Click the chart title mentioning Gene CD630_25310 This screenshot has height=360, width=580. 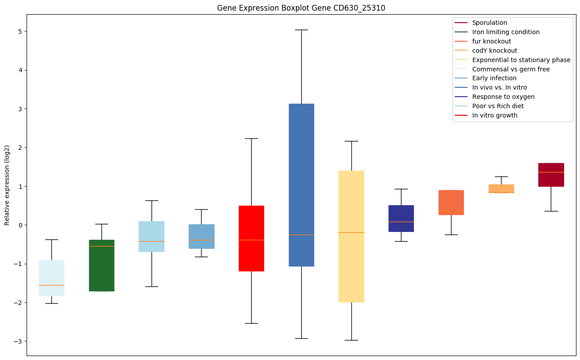298,8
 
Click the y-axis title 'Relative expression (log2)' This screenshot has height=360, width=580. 7,185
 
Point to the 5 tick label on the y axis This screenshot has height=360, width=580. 20,31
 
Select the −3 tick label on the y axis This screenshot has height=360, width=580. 19,341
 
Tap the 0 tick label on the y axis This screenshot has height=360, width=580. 20,225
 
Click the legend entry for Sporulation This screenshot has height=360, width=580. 489,23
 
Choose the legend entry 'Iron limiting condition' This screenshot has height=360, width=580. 506,32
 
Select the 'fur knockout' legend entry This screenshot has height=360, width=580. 491,41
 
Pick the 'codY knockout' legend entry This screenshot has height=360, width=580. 494,51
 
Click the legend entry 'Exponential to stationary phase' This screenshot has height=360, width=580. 521,60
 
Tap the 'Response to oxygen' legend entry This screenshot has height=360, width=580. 503,97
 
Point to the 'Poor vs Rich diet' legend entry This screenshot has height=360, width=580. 498,106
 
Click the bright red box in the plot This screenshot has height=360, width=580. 251,238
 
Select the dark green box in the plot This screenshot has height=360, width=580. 101,265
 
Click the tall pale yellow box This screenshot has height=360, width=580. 351,236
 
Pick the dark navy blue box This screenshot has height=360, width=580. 401,218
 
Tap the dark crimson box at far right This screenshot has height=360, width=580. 551,175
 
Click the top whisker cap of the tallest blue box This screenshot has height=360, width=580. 301,30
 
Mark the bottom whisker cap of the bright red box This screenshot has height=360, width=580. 251,323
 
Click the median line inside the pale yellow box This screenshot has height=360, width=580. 351,232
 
